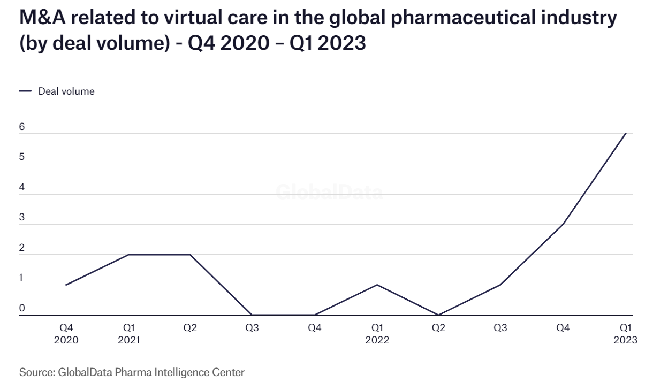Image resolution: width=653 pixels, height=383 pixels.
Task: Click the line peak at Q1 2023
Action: click(625, 134)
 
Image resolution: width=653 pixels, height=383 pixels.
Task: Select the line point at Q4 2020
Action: click(66, 285)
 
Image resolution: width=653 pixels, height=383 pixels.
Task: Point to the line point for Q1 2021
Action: click(128, 255)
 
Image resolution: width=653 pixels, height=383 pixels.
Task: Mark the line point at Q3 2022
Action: click(500, 285)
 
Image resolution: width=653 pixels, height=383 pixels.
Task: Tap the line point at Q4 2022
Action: click(563, 224)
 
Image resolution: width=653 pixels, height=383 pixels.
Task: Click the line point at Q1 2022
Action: click(376, 285)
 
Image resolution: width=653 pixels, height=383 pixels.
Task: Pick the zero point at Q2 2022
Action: click(438, 315)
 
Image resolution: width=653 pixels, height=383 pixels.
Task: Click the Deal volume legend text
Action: click(66, 91)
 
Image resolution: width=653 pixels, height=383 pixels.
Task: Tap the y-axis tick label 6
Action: click(22, 127)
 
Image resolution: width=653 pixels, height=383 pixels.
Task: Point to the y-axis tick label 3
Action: click(22, 218)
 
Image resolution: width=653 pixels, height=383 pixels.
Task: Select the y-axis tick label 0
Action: click(22, 308)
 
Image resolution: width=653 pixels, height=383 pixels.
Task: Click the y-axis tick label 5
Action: click(22, 157)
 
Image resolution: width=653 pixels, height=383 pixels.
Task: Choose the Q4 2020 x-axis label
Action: click(66, 334)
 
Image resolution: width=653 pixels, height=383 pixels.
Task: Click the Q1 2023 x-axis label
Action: click(625, 334)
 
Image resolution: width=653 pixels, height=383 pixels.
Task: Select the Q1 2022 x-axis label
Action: click(376, 334)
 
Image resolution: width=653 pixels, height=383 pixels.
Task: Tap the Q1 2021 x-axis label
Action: click(128, 334)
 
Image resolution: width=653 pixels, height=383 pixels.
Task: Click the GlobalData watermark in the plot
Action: click(329, 193)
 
